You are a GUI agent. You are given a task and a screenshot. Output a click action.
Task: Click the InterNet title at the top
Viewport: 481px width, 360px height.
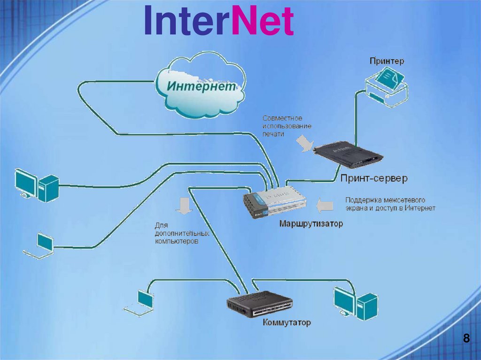(218, 21)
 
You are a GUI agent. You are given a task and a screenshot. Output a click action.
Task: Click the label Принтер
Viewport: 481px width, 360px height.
(387, 61)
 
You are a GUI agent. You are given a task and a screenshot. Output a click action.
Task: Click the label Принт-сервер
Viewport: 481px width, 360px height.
(374, 178)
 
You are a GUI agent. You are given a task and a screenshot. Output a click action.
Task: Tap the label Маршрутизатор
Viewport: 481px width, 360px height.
(311, 223)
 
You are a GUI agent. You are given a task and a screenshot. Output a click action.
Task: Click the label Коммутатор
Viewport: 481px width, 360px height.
(287, 323)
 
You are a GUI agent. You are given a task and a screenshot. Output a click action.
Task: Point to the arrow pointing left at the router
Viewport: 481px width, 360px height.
(325, 205)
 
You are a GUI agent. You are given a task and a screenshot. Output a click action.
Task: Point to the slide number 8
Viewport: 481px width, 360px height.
(466, 338)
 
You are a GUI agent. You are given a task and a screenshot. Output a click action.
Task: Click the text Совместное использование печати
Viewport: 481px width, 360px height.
(287, 126)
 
